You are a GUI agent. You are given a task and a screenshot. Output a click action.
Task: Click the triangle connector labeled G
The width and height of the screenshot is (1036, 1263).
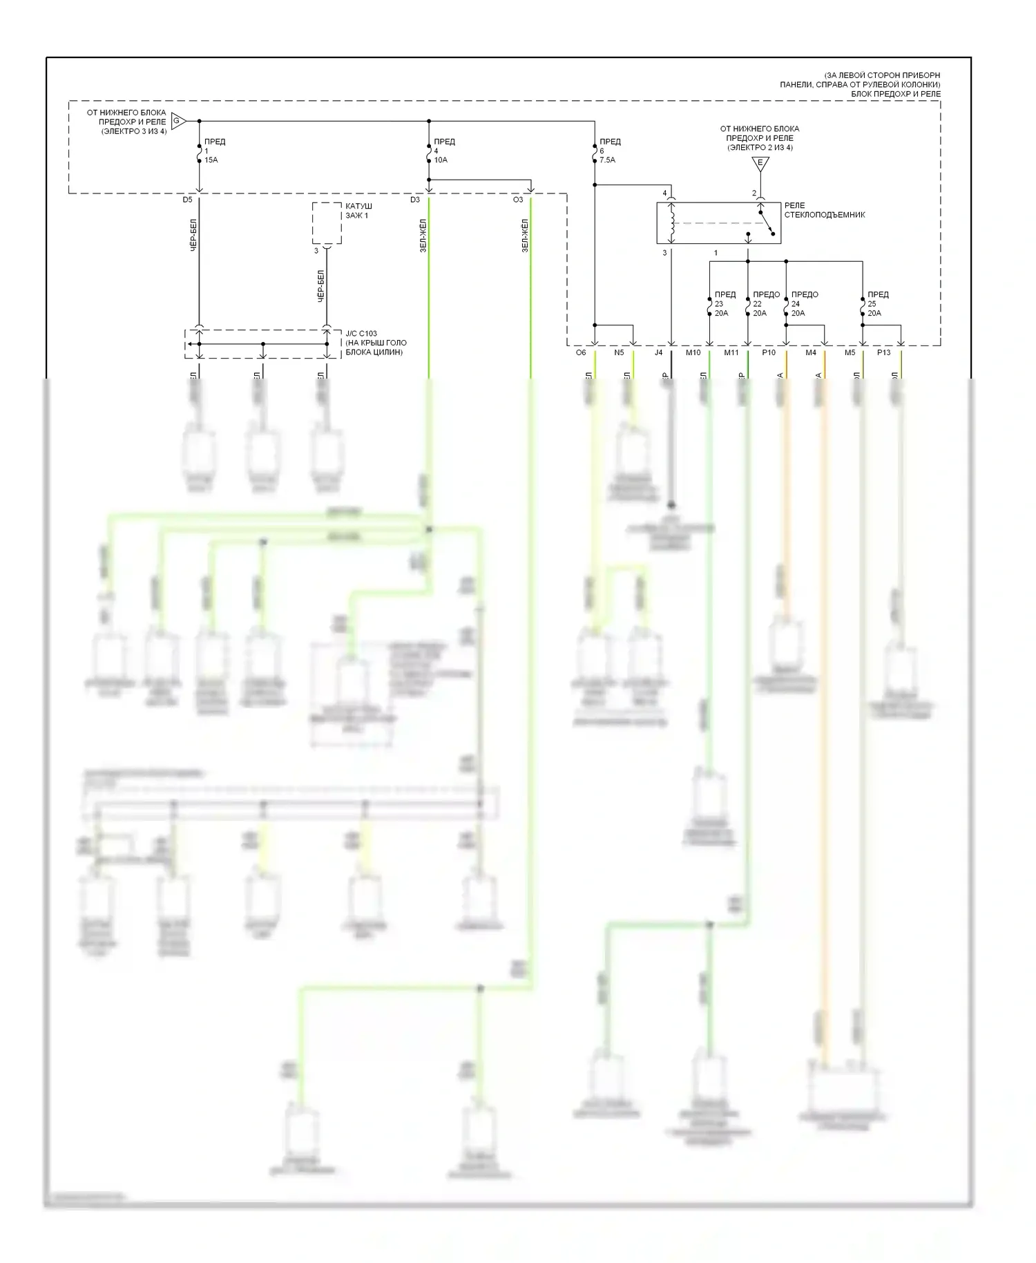pyautogui.click(x=177, y=121)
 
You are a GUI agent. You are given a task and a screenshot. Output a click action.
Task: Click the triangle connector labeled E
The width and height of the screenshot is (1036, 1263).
pyautogui.click(x=760, y=164)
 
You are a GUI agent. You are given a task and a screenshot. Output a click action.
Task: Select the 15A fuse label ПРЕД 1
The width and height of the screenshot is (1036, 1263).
pyautogui.click(x=214, y=151)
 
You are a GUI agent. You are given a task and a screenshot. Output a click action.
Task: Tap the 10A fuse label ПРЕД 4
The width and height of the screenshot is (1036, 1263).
pyautogui.click(x=444, y=151)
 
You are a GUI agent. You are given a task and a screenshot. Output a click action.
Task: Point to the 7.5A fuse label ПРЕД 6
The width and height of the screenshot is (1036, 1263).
pyautogui.click(x=609, y=151)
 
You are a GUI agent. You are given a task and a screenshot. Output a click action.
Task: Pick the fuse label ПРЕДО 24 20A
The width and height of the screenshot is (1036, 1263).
pyautogui.click(x=804, y=304)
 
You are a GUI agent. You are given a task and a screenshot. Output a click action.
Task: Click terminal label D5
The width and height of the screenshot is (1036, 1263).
pyautogui.click(x=188, y=200)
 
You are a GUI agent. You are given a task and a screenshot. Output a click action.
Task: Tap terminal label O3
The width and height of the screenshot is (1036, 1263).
pyautogui.click(x=518, y=200)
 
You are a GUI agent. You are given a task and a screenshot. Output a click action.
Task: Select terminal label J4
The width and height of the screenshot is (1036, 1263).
pyautogui.click(x=658, y=353)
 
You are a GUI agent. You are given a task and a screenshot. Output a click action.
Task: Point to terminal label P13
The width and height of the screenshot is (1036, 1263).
pyautogui.click(x=883, y=353)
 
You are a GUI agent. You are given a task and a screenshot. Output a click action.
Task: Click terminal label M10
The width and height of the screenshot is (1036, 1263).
pyautogui.click(x=693, y=353)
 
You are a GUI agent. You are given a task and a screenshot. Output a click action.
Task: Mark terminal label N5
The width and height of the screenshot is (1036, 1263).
pyautogui.click(x=619, y=353)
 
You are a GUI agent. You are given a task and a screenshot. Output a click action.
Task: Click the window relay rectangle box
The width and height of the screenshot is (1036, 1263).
pyautogui.click(x=718, y=222)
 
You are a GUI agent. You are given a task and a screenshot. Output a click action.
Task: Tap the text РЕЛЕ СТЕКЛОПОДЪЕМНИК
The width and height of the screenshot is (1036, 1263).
pyautogui.click(x=824, y=210)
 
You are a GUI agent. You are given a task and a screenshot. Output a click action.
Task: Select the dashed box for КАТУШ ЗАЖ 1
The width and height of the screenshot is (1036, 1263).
pyautogui.click(x=327, y=222)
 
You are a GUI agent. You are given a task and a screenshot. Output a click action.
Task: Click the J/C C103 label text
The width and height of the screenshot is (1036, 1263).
pyautogui.click(x=375, y=343)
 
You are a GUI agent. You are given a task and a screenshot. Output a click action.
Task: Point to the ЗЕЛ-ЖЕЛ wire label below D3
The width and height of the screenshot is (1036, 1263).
pyautogui.click(x=422, y=236)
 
